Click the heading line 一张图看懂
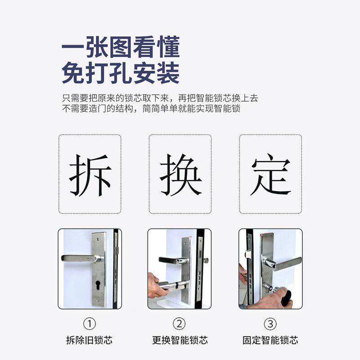point(120,47)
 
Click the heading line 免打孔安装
point(120,73)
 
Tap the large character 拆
point(90,175)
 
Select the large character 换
point(180,175)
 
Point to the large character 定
point(270,175)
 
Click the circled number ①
point(90,324)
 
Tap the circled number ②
point(180,324)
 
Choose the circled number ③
point(270,324)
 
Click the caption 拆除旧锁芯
point(90,340)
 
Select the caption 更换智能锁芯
point(180,340)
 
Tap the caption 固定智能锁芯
point(270,340)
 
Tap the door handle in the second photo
point(171,260)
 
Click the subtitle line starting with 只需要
point(160,98)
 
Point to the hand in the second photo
point(155,288)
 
